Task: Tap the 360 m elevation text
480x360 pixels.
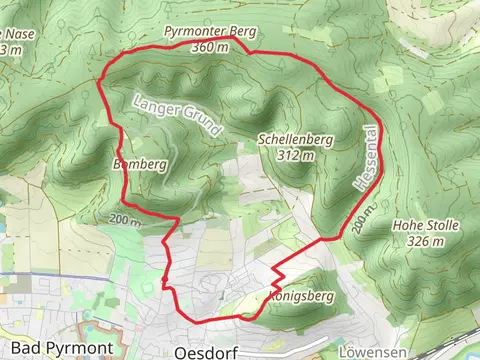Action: click(210, 47)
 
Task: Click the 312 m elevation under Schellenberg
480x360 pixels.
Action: click(297, 155)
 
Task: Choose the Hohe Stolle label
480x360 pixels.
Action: click(426, 226)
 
